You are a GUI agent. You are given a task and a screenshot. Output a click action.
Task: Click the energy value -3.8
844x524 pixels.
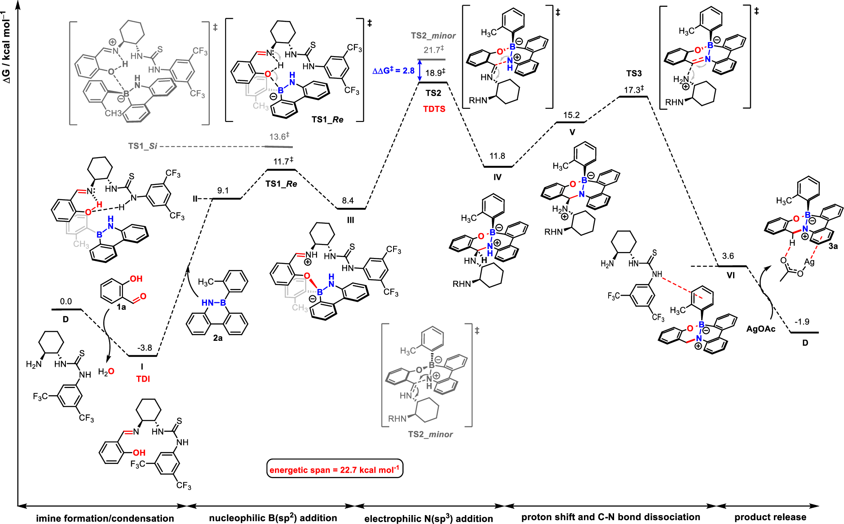click(144, 348)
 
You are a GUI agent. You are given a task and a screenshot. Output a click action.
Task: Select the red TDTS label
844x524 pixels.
click(434, 109)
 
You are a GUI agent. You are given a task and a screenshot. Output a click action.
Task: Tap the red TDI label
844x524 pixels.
click(143, 379)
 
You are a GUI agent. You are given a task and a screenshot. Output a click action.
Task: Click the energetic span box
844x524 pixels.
click(334, 469)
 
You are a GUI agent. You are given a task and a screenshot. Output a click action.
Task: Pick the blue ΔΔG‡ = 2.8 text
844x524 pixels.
click(393, 71)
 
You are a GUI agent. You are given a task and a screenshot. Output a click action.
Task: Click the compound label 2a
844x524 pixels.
click(218, 338)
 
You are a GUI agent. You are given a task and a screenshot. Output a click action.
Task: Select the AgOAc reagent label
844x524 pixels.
click(761, 329)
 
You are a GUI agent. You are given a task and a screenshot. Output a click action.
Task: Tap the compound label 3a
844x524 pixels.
click(833, 246)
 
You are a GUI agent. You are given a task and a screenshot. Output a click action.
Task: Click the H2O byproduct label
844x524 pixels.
click(106, 372)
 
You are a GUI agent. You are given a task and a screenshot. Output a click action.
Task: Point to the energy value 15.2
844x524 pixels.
click(571, 115)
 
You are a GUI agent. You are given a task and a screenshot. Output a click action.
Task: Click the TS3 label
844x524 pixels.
click(634, 74)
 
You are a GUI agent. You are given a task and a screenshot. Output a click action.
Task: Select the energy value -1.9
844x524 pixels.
click(802, 322)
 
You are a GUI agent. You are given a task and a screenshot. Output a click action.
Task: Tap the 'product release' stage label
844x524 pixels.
click(770, 517)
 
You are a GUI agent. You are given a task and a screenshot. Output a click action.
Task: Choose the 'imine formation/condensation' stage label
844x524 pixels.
click(105, 518)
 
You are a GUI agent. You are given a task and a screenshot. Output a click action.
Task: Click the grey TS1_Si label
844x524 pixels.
click(143, 146)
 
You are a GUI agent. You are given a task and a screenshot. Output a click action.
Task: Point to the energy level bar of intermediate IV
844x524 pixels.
click(498, 167)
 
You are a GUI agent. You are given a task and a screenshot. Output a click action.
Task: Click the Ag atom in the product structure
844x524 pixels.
click(809, 262)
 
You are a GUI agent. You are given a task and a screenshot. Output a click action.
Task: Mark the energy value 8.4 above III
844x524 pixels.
click(348, 201)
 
